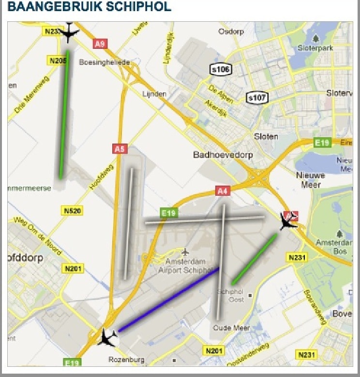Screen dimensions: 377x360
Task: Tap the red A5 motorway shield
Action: (x=119, y=149)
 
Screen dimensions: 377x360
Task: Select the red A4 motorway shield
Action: (x=222, y=191)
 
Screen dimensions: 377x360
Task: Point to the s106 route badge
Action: (x=220, y=70)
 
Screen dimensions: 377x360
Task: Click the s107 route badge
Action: (x=256, y=98)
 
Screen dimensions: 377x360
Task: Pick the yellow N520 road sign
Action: (x=72, y=211)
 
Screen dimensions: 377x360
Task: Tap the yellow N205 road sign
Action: (x=58, y=60)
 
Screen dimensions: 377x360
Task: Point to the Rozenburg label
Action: (x=127, y=360)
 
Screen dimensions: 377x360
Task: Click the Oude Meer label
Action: (x=231, y=328)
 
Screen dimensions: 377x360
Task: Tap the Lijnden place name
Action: (x=155, y=94)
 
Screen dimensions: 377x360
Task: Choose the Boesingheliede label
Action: (x=105, y=62)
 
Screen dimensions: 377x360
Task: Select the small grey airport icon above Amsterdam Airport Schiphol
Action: (x=185, y=252)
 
